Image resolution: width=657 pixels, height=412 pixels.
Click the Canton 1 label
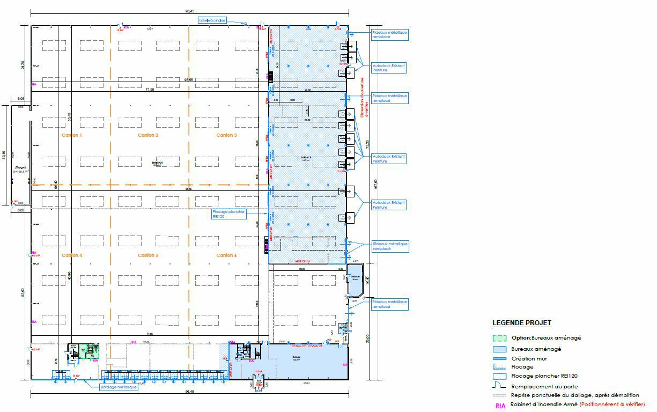(x=72, y=135)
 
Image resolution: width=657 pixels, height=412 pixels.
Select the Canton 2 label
(x=148, y=135)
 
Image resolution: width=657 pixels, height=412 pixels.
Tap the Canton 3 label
(x=226, y=135)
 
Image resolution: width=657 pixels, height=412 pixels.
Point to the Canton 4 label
(x=72, y=255)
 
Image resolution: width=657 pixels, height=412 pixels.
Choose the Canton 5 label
(x=148, y=255)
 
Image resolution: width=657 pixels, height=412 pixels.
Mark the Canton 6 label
(x=226, y=255)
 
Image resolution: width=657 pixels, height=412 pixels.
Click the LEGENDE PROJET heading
(x=521, y=323)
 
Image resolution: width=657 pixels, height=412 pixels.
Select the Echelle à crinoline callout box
(x=212, y=20)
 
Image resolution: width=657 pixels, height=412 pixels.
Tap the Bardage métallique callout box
(x=119, y=387)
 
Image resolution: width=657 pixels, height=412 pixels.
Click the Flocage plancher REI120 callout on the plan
(x=229, y=215)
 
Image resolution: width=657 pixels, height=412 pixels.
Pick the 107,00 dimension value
(x=375, y=184)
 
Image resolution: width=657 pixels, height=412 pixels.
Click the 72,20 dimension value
(x=367, y=145)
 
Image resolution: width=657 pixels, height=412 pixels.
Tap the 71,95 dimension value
(x=146, y=90)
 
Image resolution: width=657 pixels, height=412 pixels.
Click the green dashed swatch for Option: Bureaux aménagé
(x=500, y=339)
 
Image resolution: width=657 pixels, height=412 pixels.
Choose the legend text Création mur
(x=529, y=358)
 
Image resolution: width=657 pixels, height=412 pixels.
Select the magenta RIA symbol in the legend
(x=500, y=406)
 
